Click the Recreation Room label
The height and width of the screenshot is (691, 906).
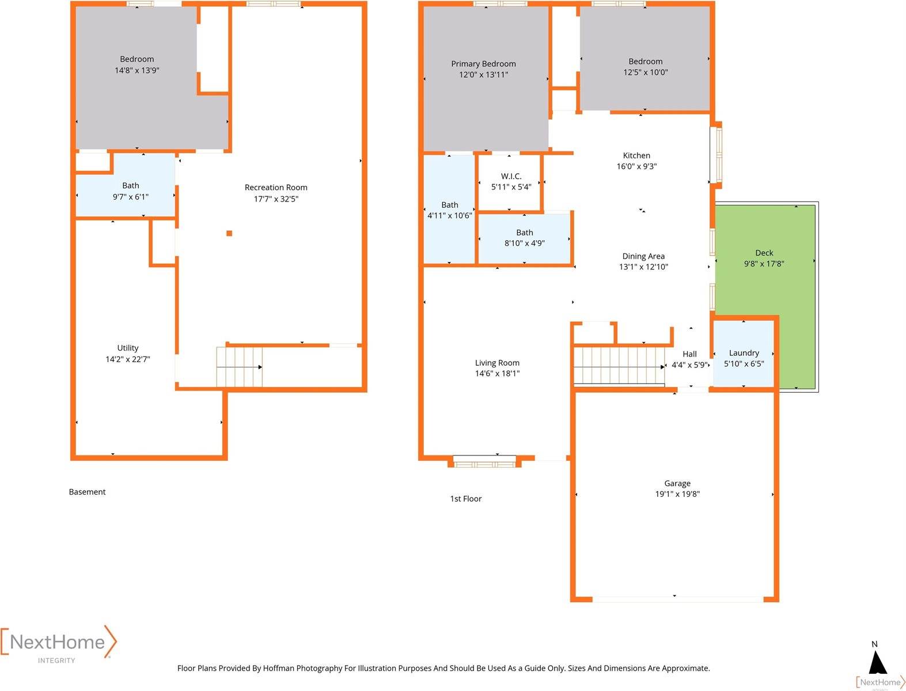(276, 187)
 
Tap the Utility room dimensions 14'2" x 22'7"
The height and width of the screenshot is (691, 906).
(127, 359)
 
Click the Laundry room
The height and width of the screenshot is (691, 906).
(744, 354)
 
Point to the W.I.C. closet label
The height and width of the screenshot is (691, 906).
(511, 176)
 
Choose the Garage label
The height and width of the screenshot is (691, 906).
(677, 483)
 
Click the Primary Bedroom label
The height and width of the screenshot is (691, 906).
(483, 63)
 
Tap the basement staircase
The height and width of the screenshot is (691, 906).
(240, 367)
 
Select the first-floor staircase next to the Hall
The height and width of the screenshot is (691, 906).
(619, 366)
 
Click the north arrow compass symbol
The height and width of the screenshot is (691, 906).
(878, 663)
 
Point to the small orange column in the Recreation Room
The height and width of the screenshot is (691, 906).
(229, 233)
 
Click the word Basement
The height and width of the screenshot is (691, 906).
(87, 492)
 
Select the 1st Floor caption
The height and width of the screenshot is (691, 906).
(465, 499)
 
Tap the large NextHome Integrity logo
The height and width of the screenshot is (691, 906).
(59, 644)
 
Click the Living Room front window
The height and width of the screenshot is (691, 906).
(484, 461)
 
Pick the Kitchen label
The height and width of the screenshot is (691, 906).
(636, 155)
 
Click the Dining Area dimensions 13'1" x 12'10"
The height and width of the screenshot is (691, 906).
(643, 267)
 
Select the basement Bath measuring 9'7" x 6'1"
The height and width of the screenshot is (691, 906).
(125, 185)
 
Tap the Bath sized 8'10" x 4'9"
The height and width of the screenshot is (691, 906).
(524, 238)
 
